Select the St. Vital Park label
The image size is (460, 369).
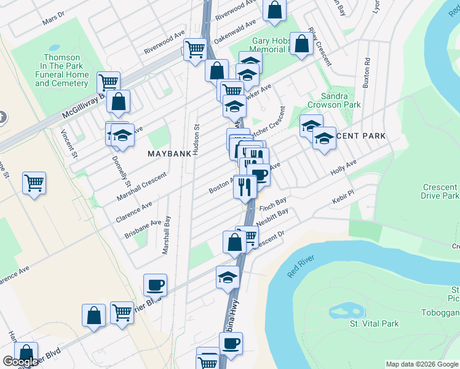tap(374, 323)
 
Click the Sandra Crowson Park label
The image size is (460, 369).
tap(343, 100)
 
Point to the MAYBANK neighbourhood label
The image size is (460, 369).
tap(169, 154)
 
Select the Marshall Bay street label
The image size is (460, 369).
tap(166, 235)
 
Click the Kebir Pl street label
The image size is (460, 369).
tap(343, 193)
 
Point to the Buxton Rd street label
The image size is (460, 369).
tap(367, 73)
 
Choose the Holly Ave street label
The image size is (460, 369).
tap(343, 167)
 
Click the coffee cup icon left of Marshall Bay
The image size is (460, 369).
tap(155, 284)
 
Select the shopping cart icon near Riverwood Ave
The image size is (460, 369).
tap(195, 49)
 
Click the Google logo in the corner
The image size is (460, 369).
tap(20, 362)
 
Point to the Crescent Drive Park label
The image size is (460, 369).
tap(440, 191)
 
